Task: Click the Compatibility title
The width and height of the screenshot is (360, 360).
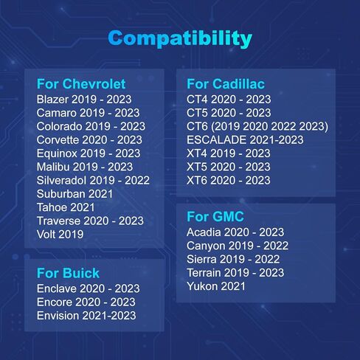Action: (180, 38)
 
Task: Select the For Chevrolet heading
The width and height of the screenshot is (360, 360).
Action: (81, 84)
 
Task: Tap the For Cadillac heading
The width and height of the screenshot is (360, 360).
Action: (226, 84)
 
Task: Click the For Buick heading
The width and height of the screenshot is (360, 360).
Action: (68, 273)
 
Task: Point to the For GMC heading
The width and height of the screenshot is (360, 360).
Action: (215, 217)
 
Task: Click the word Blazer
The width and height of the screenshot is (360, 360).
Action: (52, 100)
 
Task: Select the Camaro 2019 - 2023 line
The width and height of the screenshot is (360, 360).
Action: (89, 113)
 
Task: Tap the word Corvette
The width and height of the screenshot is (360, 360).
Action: (58, 140)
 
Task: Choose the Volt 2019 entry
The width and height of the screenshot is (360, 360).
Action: (60, 235)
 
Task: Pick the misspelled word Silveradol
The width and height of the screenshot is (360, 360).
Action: (61, 180)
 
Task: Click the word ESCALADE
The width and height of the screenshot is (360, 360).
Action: (216, 140)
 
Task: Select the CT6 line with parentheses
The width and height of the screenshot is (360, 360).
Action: (257, 126)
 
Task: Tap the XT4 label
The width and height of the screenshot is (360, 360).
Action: (197, 153)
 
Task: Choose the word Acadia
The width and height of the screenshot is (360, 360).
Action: (204, 232)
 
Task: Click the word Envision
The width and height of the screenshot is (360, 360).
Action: (58, 316)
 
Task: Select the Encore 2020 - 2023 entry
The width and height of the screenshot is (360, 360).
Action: (86, 302)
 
